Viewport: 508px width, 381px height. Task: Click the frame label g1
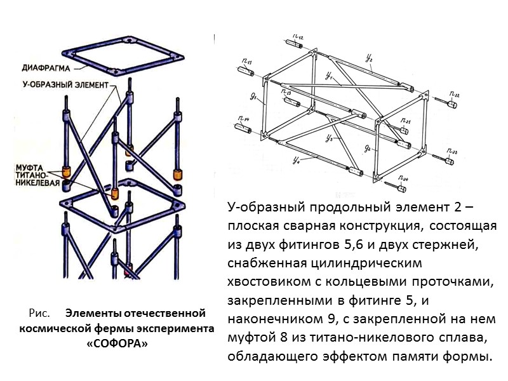[253, 97]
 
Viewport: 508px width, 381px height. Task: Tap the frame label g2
[370, 147]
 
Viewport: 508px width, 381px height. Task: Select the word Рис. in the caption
[39, 313]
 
